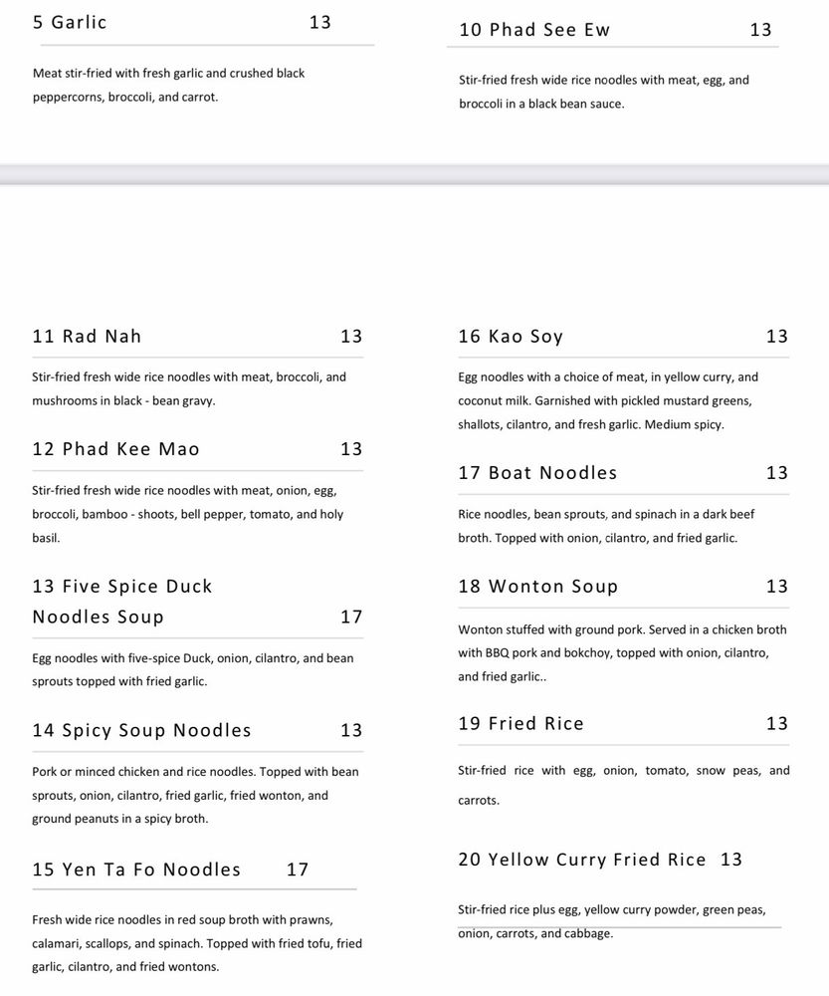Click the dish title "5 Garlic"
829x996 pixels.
(x=70, y=22)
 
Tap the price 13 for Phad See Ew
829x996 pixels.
(x=760, y=30)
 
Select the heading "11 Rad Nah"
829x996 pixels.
(x=87, y=337)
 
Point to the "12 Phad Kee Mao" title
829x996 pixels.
(x=115, y=449)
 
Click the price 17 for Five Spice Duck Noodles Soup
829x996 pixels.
(x=351, y=617)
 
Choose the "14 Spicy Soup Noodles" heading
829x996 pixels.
(x=141, y=730)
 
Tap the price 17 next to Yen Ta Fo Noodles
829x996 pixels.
(x=298, y=870)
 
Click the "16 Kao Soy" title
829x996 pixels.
(x=511, y=337)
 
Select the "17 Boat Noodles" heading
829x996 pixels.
(x=537, y=473)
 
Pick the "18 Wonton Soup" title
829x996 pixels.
(x=537, y=587)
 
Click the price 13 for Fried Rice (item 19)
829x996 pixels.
(x=776, y=724)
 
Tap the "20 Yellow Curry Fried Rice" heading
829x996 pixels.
(x=582, y=860)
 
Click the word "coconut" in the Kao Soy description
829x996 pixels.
(x=482, y=401)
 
